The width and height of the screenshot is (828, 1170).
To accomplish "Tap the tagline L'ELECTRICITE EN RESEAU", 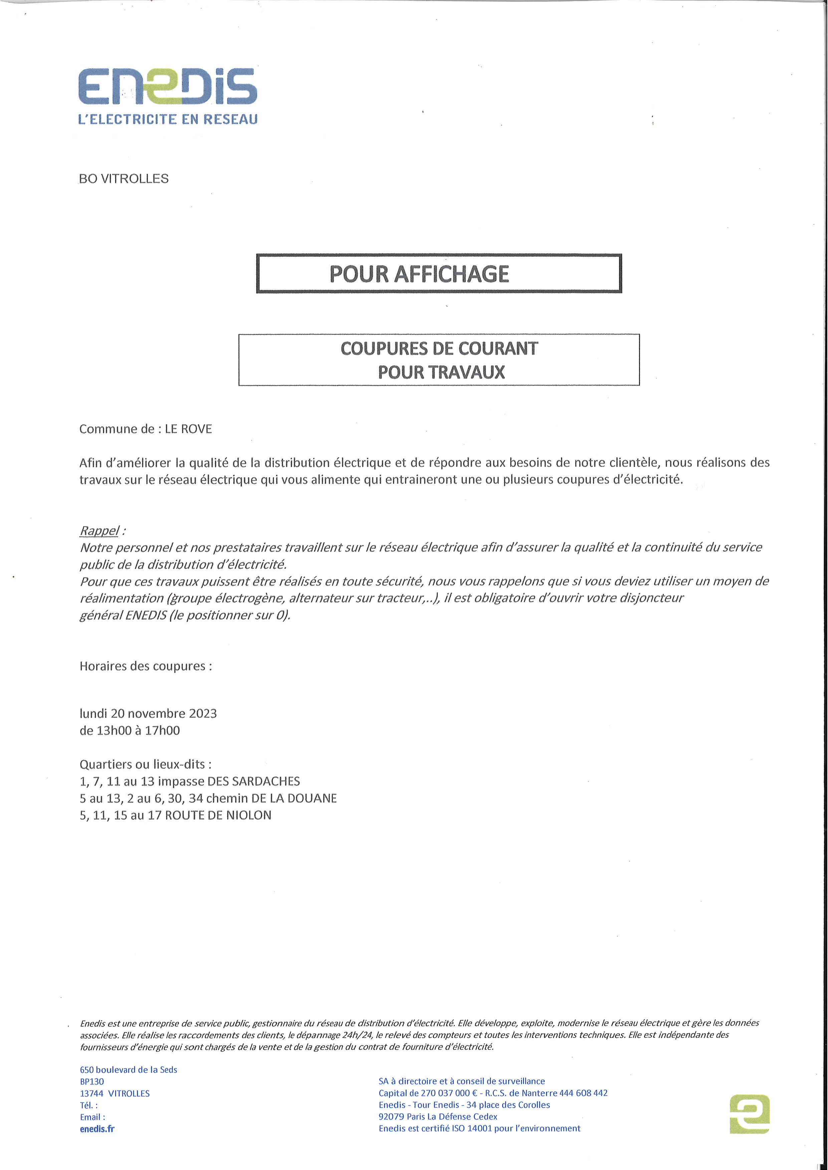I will [168, 119].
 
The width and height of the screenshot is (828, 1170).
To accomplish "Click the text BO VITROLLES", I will [124, 179].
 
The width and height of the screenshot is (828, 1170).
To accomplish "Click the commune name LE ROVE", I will [188, 429].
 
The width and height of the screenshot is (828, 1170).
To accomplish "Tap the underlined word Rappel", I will [99, 530].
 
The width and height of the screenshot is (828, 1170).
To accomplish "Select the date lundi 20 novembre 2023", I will [148, 713].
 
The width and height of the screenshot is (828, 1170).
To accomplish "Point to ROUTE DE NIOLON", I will [218, 815].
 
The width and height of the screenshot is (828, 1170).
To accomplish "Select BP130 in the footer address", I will [92, 1081].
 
